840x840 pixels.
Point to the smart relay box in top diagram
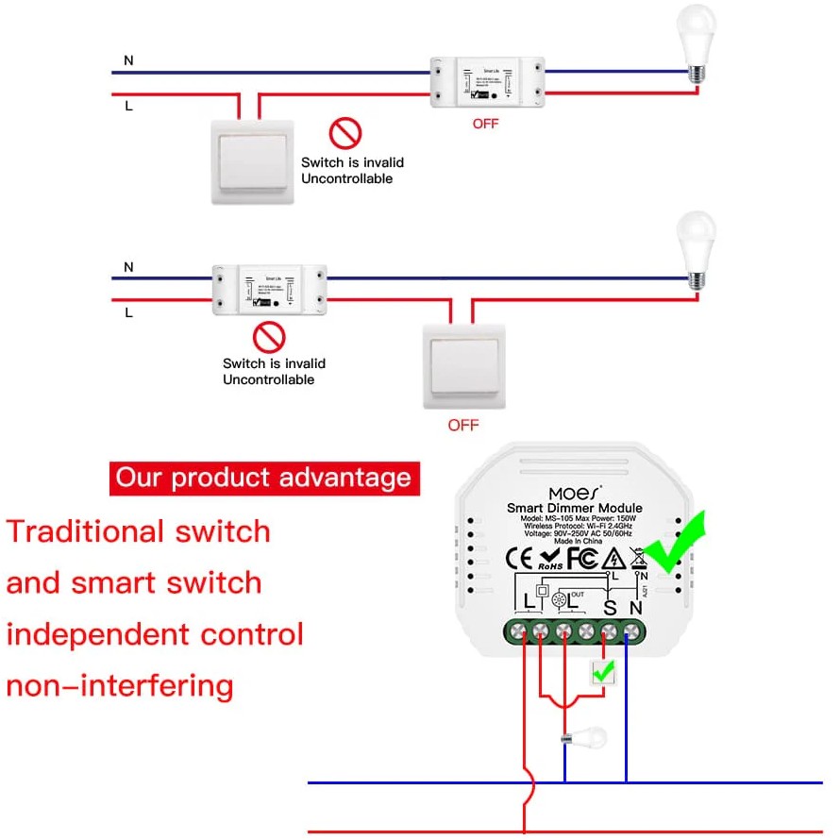point(487,82)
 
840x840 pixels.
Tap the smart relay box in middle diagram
point(269,289)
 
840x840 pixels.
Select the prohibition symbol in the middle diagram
point(270,335)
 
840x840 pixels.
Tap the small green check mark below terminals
point(603,672)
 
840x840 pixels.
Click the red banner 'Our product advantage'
point(263,478)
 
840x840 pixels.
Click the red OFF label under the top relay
point(485,124)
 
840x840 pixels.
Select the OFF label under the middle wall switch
point(463,425)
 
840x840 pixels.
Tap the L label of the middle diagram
point(128,310)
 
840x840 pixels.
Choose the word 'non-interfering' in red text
point(120,684)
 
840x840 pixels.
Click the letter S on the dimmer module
point(610,609)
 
